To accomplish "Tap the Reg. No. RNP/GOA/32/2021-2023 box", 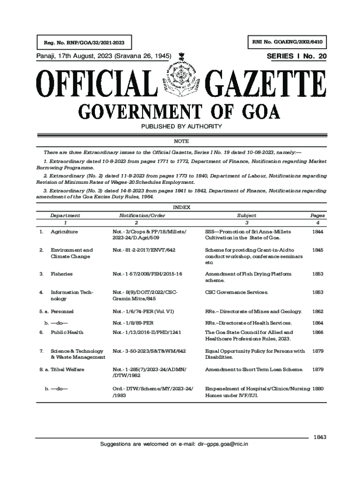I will (81, 44).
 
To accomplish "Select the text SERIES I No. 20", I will (296, 57).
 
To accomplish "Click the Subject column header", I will (246, 216).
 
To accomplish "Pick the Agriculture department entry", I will (64, 232).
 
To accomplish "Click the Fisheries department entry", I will (62, 274).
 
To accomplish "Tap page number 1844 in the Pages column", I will (317, 232).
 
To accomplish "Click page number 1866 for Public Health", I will (317, 332).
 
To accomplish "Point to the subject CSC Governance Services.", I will (237, 292).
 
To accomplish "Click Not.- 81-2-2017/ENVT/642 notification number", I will (144, 250).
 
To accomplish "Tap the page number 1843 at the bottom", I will (320, 437).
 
